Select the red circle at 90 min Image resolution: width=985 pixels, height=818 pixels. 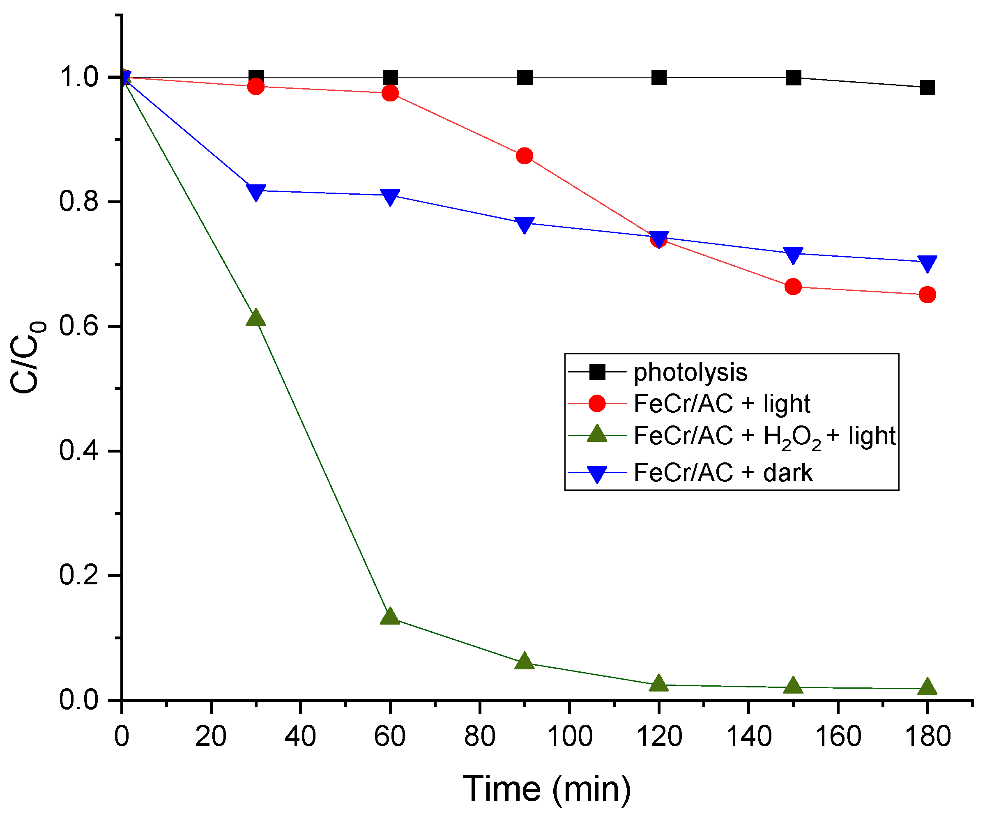[525, 156]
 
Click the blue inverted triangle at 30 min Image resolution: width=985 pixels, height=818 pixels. [255, 191]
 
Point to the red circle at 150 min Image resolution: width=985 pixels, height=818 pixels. [793, 287]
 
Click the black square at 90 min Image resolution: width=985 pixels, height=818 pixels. [525, 77]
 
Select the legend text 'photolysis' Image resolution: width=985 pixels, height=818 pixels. [690, 372]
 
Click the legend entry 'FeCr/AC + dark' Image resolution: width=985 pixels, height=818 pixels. [723, 473]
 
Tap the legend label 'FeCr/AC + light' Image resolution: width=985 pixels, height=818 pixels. [721, 404]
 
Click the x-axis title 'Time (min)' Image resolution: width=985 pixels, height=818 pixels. [546, 789]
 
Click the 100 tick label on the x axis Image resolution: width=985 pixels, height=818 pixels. [569, 736]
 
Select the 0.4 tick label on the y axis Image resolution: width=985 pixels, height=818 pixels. [78, 451]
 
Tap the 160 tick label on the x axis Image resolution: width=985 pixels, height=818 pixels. [838, 736]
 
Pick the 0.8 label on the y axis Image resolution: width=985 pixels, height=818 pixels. [78, 202]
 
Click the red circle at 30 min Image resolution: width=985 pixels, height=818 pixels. [255, 86]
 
